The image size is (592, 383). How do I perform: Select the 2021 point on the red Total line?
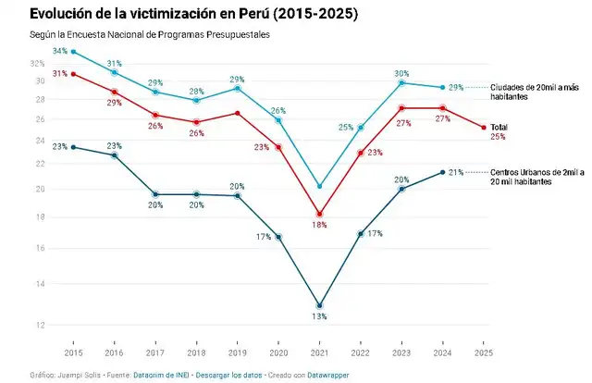pyautogui.click(x=320, y=214)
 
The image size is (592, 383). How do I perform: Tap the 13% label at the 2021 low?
pyautogui.click(x=319, y=317)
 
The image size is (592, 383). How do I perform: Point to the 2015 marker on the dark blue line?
pyautogui.click(x=73, y=147)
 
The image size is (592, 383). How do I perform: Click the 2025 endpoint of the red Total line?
pyautogui.click(x=484, y=128)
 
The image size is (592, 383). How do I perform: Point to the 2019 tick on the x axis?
pyautogui.click(x=238, y=353)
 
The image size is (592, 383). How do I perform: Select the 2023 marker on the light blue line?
pyautogui.click(x=401, y=82)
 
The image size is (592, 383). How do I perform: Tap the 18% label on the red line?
pyautogui.click(x=319, y=225)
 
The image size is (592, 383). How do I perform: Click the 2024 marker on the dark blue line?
pyautogui.click(x=442, y=172)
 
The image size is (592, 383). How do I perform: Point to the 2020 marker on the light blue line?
pyautogui.click(x=278, y=120)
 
